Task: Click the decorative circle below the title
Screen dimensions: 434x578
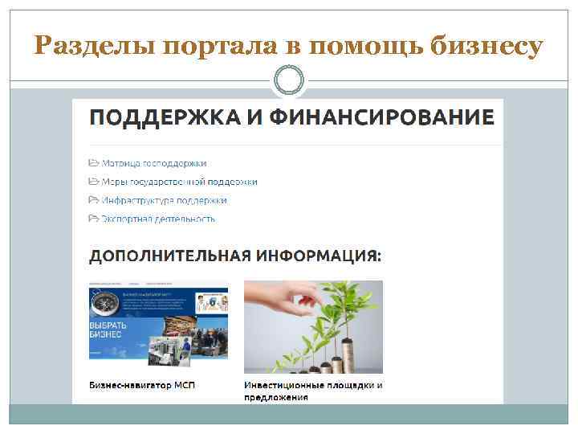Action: point(289,80)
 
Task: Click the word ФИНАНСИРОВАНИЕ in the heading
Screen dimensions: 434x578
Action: point(381,117)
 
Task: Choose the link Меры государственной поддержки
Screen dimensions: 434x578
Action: point(179,182)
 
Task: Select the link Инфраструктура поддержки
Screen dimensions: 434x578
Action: point(164,200)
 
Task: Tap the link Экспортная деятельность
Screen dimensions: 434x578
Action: point(158,218)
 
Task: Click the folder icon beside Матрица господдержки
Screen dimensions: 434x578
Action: point(94,163)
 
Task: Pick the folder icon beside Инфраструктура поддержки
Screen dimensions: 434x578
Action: point(94,200)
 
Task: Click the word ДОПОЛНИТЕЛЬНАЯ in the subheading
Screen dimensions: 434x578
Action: point(169,256)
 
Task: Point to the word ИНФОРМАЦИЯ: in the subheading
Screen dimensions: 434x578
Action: point(320,256)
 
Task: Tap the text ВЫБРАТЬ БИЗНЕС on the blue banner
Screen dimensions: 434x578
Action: point(107,328)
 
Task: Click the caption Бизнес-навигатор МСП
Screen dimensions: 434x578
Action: point(142,385)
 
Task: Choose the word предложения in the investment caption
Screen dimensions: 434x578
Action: point(276,397)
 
